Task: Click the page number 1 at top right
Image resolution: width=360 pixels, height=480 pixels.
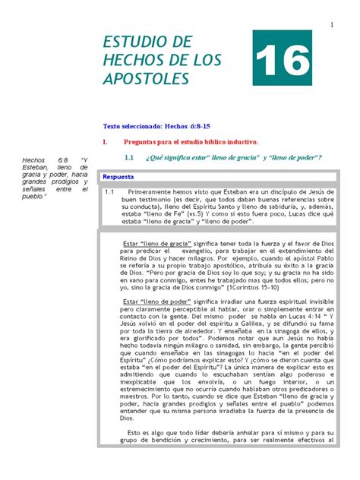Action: [333, 27]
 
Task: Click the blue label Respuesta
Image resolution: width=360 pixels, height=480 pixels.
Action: [119, 176]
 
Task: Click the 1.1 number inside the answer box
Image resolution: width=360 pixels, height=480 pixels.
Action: [109, 192]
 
